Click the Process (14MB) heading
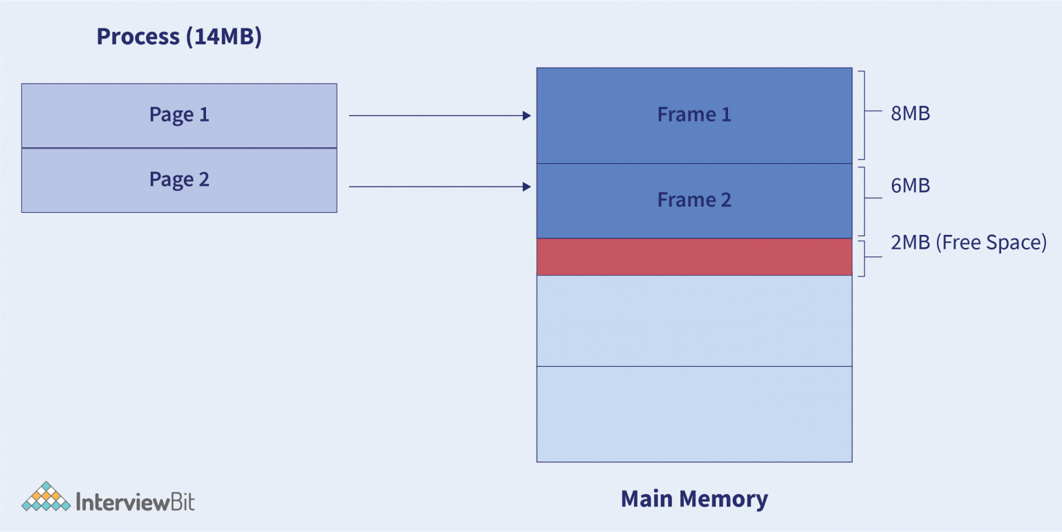click(179, 37)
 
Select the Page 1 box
click(179, 115)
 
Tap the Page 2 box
click(179, 180)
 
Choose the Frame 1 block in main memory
click(694, 115)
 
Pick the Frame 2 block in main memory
click(694, 200)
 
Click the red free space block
click(694, 257)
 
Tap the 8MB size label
click(910, 113)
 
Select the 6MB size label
click(910, 186)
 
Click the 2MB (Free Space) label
click(968, 243)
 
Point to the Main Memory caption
click(694, 499)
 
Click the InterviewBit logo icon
click(46, 497)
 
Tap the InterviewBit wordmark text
click(135, 501)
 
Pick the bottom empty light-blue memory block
click(694, 414)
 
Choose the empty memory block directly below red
click(694, 321)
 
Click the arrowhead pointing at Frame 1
click(527, 116)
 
